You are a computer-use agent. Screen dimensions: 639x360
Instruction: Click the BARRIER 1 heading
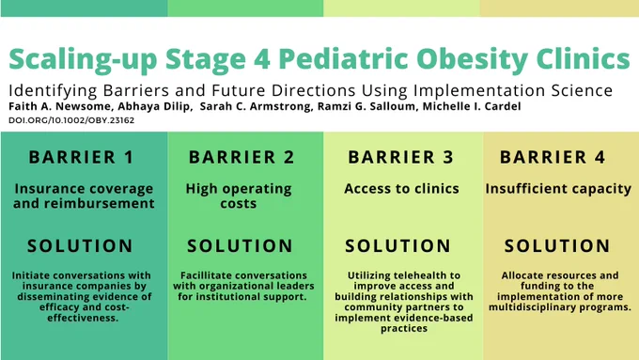pyautogui.click(x=81, y=157)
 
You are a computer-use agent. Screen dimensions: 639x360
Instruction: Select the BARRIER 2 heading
pyautogui.click(x=242, y=157)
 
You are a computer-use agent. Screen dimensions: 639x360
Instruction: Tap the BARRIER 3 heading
pyautogui.click(x=400, y=157)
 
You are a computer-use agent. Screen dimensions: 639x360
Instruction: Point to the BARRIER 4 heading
pyautogui.click(x=553, y=157)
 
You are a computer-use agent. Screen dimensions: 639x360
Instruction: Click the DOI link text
pyautogui.click(x=71, y=120)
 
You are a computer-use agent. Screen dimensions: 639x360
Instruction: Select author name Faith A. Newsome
pyautogui.click(x=59, y=106)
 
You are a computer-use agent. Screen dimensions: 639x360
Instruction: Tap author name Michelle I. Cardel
pyautogui.click(x=472, y=106)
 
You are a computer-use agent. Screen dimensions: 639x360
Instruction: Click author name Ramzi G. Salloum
pyautogui.click(x=367, y=106)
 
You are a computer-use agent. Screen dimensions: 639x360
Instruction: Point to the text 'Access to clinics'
pyautogui.click(x=401, y=188)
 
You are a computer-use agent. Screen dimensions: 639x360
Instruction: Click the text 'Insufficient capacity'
pyautogui.click(x=558, y=189)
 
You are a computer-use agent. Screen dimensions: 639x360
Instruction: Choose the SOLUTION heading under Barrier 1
pyautogui.click(x=80, y=246)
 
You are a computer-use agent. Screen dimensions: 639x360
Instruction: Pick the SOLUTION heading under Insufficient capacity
pyautogui.click(x=557, y=246)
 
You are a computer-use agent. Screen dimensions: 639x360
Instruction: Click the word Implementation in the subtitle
pyautogui.click(x=479, y=90)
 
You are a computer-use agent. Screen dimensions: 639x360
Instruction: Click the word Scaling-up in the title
pyautogui.click(x=83, y=60)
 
